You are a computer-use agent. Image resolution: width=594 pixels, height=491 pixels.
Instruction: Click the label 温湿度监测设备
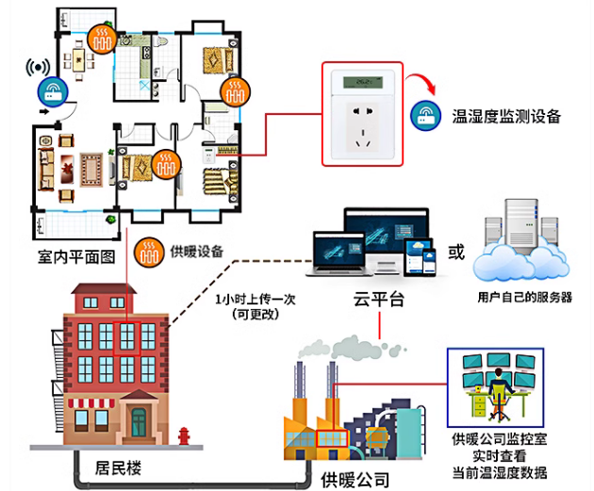click(506, 117)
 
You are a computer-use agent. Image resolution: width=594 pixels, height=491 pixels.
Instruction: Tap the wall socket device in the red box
click(362, 111)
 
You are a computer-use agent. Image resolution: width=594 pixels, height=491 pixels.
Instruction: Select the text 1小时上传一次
click(256, 299)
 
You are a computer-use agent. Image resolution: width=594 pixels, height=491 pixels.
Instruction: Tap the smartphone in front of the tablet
click(422, 259)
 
